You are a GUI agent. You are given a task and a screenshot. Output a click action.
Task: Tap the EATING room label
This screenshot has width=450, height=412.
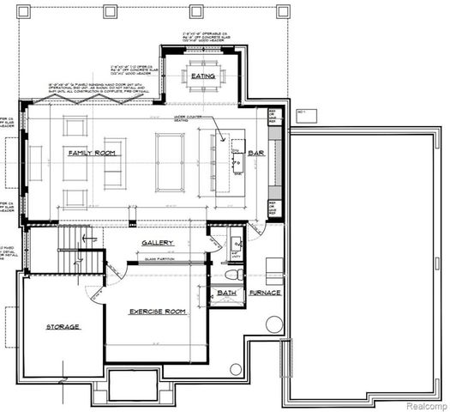(203, 76)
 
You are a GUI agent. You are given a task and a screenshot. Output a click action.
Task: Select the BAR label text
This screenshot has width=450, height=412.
(255, 153)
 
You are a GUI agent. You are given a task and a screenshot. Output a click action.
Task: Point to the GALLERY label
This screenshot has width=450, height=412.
(159, 243)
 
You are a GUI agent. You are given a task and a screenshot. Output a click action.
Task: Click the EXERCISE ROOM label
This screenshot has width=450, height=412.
(158, 311)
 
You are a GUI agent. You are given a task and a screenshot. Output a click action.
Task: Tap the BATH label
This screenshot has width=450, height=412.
(226, 293)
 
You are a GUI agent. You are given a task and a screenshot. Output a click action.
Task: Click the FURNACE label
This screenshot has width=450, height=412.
(265, 293)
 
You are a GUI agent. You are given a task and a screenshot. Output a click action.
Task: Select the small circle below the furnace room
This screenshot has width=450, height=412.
(236, 368)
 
